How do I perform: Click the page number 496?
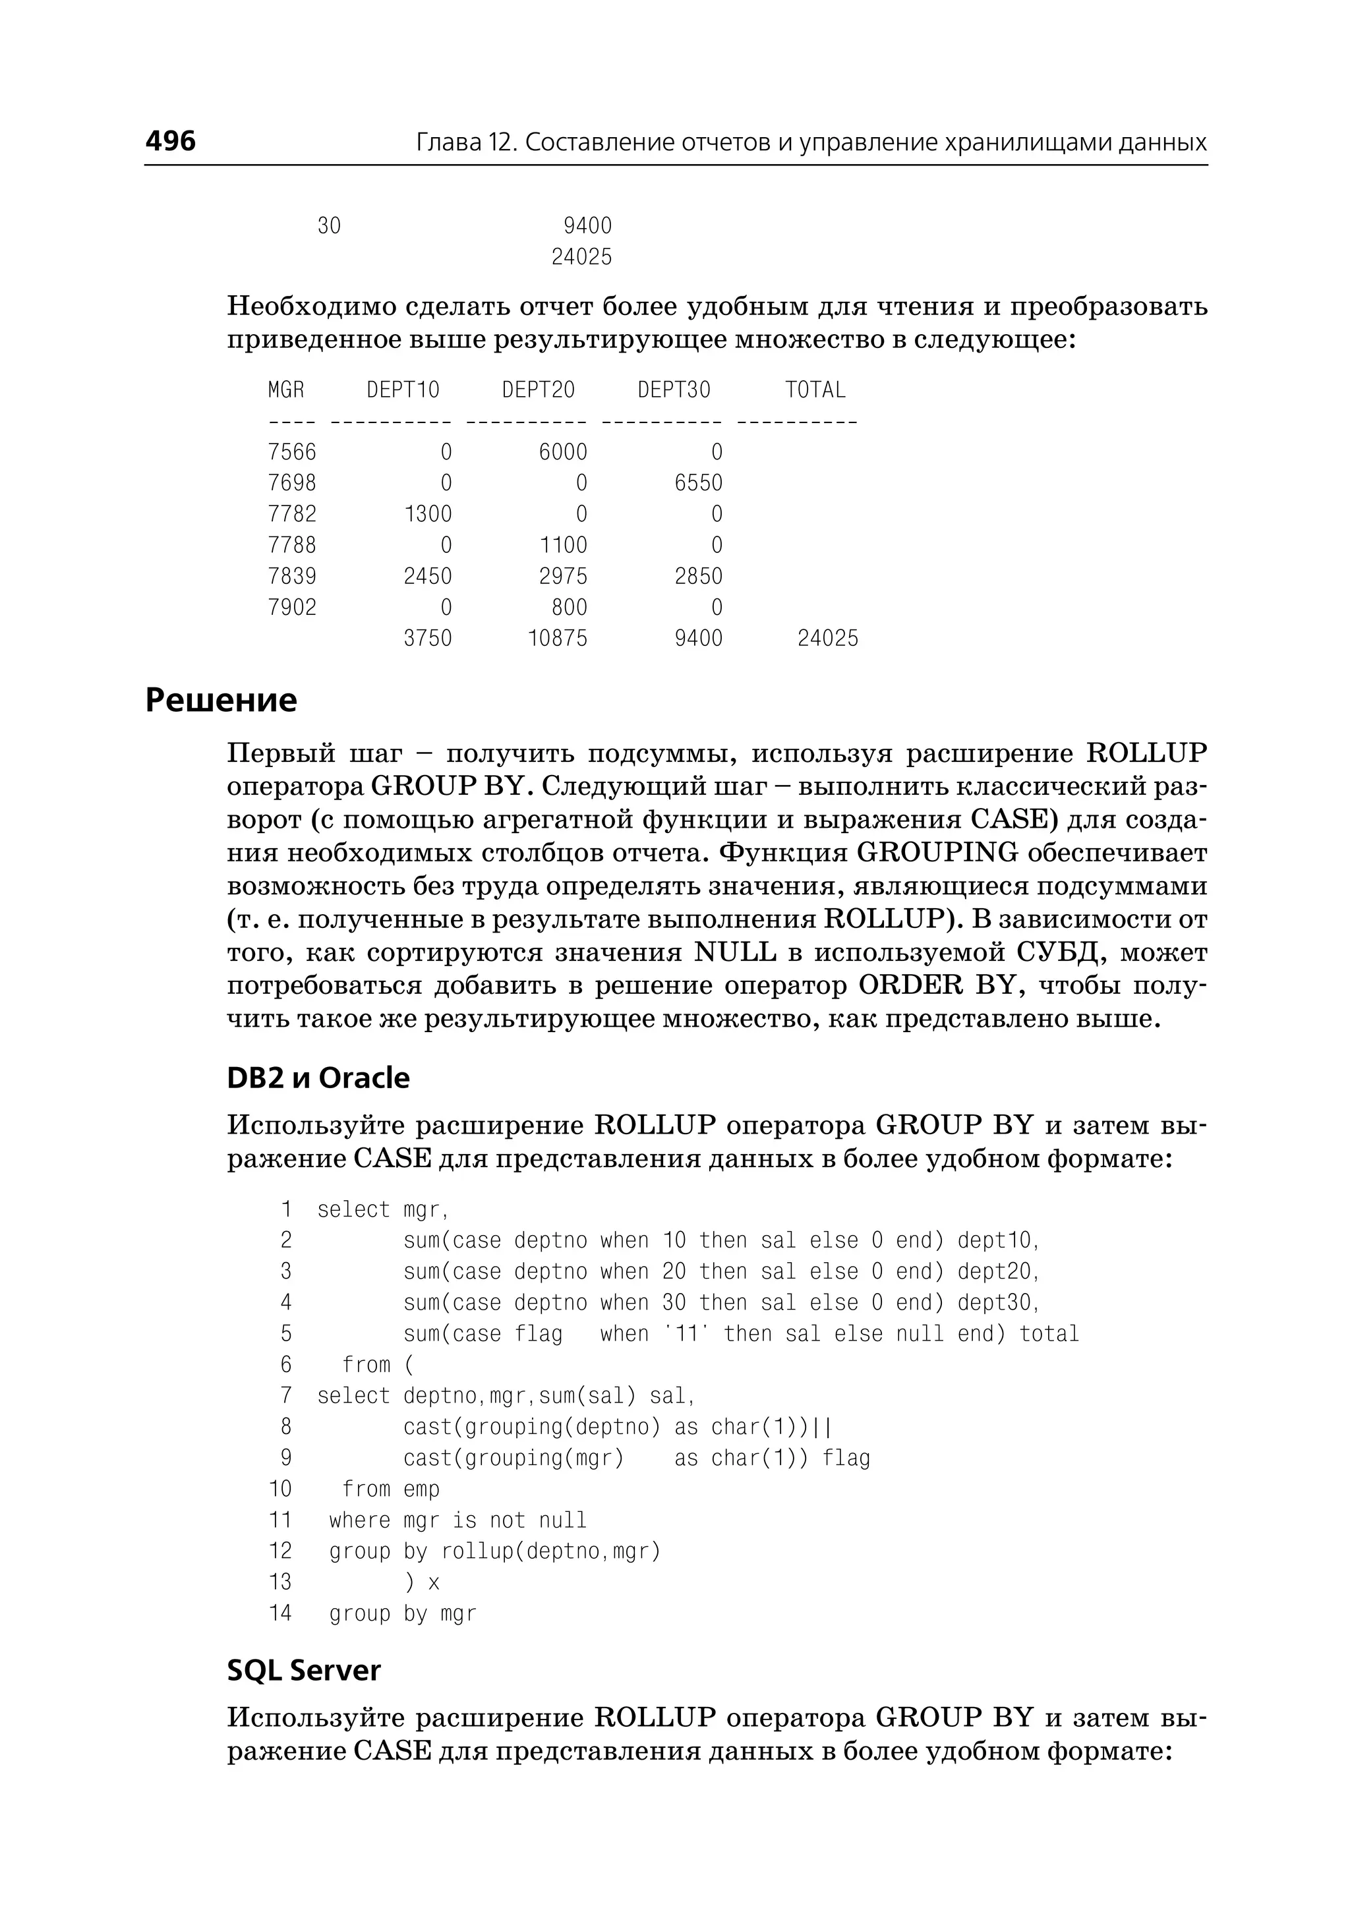pyautogui.click(x=171, y=140)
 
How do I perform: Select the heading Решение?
pyautogui.click(x=221, y=700)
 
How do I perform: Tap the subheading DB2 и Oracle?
pyautogui.click(x=318, y=1078)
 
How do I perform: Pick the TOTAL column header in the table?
pyautogui.click(x=815, y=390)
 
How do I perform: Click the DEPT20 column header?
pyautogui.click(x=538, y=390)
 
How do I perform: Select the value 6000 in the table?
pyautogui.click(x=563, y=452)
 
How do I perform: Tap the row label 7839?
pyautogui.click(x=292, y=576)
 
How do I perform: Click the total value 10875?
pyautogui.click(x=557, y=639)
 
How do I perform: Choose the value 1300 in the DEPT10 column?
pyautogui.click(x=427, y=513)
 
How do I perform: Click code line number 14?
pyautogui.click(x=280, y=1613)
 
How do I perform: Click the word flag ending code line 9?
pyautogui.click(x=846, y=1458)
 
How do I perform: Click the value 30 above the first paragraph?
pyautogui.click(x=329, y=226)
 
